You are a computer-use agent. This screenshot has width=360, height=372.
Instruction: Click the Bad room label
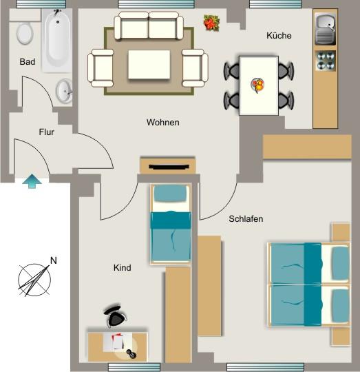(x=28, y=62)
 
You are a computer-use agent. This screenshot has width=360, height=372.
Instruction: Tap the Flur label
(x=46, y=132)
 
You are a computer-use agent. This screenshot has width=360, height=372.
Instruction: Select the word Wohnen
(x=163, y=123)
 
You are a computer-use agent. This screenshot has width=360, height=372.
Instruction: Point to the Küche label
(x=279, y=36)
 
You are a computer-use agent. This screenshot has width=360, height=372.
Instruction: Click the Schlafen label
(x=246, y=219)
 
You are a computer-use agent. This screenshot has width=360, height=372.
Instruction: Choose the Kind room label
(x=122, y=268)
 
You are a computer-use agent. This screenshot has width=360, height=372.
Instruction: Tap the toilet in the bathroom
(x=25, y=32)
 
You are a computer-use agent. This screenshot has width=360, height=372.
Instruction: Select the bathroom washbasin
(x=65, y=90)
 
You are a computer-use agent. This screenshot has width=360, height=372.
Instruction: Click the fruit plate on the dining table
(x=258, y=85)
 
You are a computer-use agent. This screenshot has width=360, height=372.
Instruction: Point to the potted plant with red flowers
(x=210, y=23)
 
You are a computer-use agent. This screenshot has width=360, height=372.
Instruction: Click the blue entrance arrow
(x=32, y=182)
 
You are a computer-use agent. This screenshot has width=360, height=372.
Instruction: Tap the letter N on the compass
(x=53, y=261)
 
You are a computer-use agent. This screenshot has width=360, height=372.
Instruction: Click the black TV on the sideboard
(x=167, y=167)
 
